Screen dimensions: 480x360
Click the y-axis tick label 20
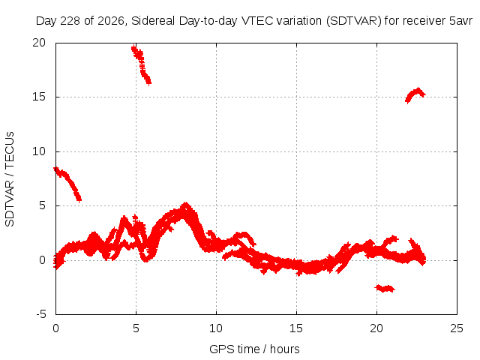39,43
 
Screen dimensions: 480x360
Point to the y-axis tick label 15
39,97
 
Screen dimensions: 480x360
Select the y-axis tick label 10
39,151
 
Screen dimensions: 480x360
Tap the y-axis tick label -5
41,314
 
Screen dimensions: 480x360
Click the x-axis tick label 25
457,328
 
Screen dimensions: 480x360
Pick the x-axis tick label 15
296,328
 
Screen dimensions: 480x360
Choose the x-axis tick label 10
216,328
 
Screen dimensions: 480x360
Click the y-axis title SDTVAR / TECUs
10,179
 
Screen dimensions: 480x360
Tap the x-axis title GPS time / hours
254,349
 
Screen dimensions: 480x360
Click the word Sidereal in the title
153,21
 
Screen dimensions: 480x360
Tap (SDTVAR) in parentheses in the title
353,21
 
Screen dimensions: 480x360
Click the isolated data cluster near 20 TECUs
141,65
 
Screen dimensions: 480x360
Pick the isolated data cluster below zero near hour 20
385,288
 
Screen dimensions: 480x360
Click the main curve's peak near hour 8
185,205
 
